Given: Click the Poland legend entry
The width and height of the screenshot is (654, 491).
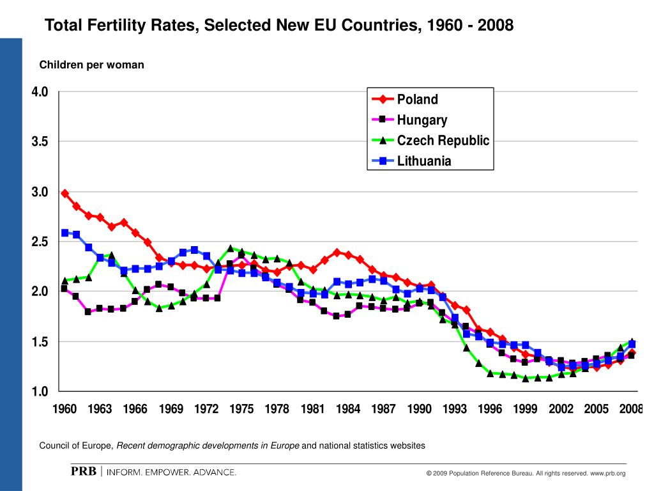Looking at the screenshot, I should [x=417, y=99].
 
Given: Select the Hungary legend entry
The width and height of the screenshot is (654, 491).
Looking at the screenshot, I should [x=422, y=120].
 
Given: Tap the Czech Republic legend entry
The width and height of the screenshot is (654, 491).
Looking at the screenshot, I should [x=443, y=140].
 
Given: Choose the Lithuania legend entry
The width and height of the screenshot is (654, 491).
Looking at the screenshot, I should [x=423, y=160].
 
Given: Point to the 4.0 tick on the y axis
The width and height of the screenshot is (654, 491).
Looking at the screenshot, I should [x=40, y=92].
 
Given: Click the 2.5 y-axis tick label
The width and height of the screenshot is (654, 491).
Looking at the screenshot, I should [x=40, y=242].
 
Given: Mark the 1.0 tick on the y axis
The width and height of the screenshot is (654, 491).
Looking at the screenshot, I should [x=40, y=391].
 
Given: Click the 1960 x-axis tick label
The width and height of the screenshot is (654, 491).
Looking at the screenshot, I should [x=65, y=409].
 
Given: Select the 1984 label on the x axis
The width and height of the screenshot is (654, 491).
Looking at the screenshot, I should [x=348, y=409].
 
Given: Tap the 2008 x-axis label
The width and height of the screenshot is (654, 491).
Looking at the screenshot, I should [x=631, y=409].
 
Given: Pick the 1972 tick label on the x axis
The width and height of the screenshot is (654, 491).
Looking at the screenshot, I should [x=206, y=409].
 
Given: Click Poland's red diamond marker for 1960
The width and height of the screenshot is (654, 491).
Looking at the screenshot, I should [x=65, y=193].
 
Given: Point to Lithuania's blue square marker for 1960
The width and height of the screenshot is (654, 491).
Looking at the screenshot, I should [x=65, y=233].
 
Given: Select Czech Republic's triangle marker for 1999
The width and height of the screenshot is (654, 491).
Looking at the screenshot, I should [x=525, y=378].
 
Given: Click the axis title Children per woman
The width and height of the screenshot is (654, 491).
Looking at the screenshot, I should [x=92, y=65].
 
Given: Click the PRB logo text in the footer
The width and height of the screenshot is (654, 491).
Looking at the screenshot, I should [x=83, y=472].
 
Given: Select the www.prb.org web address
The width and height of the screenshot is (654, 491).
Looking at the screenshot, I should [x=608, y=473].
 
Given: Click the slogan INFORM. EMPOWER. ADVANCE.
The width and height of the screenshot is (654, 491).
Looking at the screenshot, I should [x=171, y=472].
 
